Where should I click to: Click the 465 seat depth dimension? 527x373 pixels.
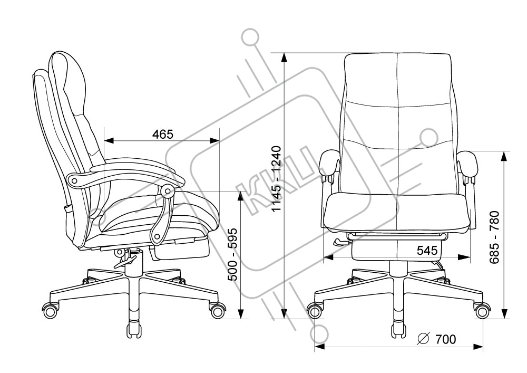click(163, 134)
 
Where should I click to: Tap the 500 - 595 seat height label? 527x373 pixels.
click(233, 254)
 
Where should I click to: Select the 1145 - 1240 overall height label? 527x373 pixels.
click(276, 179)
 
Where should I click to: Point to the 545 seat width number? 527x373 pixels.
click(427, 250)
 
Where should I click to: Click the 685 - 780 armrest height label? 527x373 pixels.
click(494, 237)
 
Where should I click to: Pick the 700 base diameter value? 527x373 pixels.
click(446, 339)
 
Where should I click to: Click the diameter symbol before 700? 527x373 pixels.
click(423, 339)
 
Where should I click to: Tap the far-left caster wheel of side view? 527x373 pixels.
click(50, 310)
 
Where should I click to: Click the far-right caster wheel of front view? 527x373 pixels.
click(483, 311)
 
